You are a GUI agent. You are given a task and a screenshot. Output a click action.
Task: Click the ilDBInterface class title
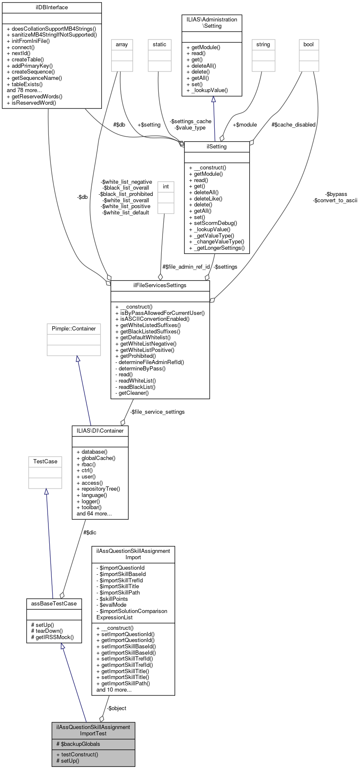pos(52,8)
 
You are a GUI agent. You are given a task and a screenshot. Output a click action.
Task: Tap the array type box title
pos(122,45)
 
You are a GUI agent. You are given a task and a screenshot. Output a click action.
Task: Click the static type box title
pos(160,45)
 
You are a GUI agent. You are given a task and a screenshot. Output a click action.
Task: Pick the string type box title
pos(263,45)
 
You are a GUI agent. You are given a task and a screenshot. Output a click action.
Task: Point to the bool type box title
pos(309,45)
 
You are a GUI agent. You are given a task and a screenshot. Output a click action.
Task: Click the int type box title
pos(166,187)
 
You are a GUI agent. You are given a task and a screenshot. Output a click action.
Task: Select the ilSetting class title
pos(217,147)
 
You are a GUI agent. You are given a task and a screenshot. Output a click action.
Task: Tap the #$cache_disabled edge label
pos(293,125)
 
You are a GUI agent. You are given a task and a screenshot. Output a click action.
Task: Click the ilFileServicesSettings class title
pos(160,285)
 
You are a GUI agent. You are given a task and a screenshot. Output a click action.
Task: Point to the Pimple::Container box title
pos(74,329)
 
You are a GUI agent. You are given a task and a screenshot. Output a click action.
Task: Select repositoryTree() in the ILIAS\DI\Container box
pos(98,489)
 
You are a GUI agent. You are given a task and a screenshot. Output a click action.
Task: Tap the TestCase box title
pos(45,462)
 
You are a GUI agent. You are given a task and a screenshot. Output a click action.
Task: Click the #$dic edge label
pos(90,533)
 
